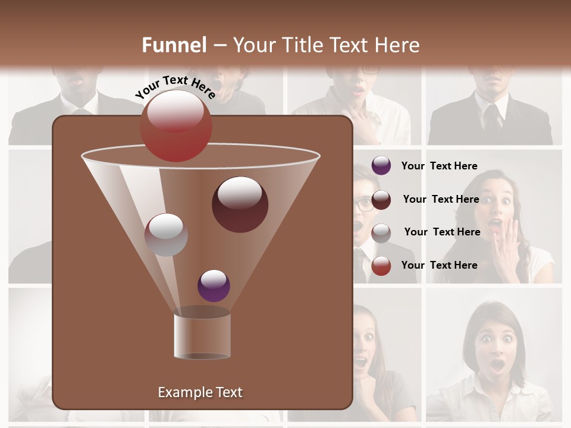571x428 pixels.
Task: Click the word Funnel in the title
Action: [174, 45]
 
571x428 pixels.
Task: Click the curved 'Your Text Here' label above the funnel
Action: [175, 87]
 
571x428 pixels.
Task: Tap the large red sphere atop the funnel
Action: [176, 125]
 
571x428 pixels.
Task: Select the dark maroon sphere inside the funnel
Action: [240, 204]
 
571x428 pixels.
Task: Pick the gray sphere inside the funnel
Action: [166, 235]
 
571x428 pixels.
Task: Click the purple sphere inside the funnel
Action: [214, 285]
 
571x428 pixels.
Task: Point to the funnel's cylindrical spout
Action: [202, 336]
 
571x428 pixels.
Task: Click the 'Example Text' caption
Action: [200, 392]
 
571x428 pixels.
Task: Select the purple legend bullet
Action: [381, 166]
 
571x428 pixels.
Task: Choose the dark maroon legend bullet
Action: [381, 200]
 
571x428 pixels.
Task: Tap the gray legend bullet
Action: [381, 233]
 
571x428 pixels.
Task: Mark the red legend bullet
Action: [381, 266]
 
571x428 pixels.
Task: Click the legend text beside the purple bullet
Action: [439, 166]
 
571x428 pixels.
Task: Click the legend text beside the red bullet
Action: [439, 265]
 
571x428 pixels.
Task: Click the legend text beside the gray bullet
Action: [442, 232]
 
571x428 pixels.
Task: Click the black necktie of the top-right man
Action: [492, 119]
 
